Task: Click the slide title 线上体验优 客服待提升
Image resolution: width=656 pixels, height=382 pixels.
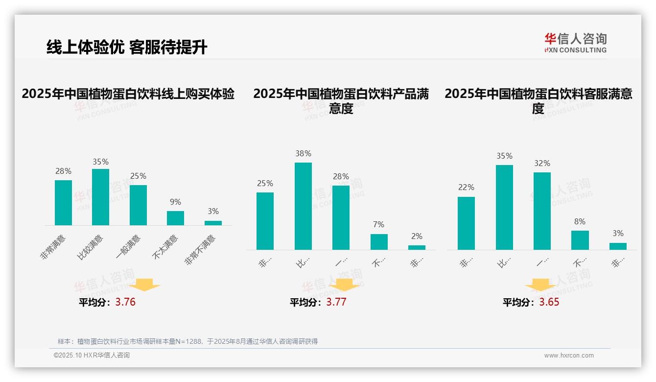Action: (127, 48)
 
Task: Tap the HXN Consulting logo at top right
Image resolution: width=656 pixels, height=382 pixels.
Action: (575, 43)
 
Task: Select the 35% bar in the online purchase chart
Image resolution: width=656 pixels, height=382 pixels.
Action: (100, 197)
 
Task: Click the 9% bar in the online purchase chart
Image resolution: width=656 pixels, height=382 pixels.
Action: (175, 218)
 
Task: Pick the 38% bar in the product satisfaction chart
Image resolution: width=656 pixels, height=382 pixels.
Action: (303, 206)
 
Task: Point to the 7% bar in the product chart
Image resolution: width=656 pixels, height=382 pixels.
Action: (379, 241)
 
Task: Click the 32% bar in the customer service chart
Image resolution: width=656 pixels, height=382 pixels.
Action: (542, 211)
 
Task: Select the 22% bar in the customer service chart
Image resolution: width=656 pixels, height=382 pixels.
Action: (466, 223)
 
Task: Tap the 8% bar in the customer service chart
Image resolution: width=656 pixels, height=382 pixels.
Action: (580, 240)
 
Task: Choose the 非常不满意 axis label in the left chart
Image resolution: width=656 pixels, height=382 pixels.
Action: (201, 249)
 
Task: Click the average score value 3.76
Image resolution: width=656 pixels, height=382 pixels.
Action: (125, 302)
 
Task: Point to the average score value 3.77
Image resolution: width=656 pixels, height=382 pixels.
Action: (336, 302)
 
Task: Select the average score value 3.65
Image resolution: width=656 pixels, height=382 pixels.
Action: (549, 302)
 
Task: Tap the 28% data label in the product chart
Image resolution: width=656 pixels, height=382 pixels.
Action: (341, 176)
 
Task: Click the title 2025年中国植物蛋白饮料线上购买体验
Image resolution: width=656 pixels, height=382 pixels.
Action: (128, 94)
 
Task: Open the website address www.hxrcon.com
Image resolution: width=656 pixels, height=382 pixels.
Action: (569, 355)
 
